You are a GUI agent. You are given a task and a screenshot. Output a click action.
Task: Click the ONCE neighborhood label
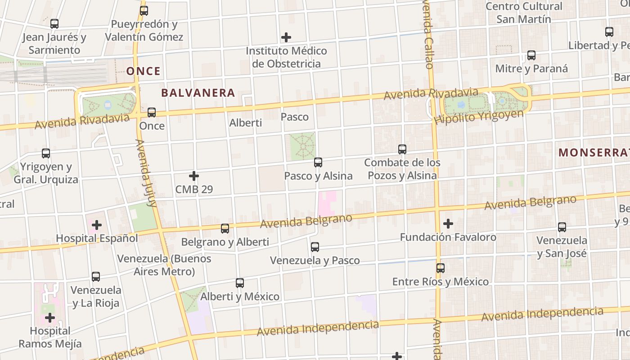[x=143, y=71]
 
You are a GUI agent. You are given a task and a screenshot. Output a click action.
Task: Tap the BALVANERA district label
[x=198, y=93]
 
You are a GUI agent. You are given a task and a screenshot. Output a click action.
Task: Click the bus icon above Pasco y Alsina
[x=318, y=162]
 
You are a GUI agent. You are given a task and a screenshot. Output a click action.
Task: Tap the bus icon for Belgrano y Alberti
[x=225, y=229]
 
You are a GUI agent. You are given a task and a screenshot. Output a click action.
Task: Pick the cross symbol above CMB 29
[x=194, y=176]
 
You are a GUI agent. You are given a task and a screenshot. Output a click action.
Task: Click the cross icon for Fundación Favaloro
[x=448, y=224]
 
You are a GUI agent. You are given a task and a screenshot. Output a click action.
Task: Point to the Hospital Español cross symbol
[x=97, y=225]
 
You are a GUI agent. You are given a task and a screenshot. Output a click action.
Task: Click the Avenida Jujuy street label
[x=146, y=173]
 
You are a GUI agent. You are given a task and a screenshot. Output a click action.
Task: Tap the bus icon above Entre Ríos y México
[x=441, y=268]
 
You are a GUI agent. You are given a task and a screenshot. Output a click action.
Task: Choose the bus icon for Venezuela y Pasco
[x=315, y=247]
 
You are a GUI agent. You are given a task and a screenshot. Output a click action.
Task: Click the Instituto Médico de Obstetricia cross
[x=286, y=37]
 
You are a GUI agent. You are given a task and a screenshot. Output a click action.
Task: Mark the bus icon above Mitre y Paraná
[x=531, y=55]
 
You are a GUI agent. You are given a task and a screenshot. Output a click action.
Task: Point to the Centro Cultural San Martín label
[x=524, y=13]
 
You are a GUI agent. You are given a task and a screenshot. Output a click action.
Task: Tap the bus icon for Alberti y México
[x=240, y=283]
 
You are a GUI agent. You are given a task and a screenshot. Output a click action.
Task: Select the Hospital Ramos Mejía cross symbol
[x=50, y=318]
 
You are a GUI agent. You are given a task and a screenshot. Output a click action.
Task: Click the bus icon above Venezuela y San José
[x=562, y=227]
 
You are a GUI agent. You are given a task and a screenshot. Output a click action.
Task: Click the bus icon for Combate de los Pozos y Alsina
[x=402, y=149]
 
